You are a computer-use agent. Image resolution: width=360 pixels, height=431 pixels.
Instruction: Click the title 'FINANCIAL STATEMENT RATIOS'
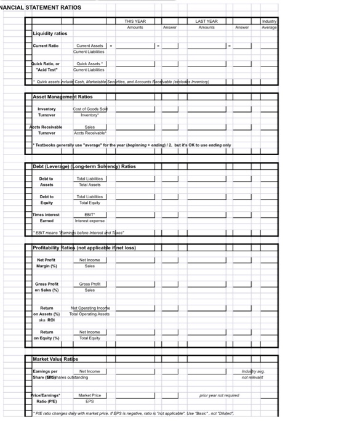coord(41,7)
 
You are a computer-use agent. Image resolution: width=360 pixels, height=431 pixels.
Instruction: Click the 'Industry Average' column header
coord(269,24)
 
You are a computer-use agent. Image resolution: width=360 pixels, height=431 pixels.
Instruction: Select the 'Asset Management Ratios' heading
coord(63,97)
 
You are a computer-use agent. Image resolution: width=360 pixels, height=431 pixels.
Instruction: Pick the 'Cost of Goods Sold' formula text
coord(90,109)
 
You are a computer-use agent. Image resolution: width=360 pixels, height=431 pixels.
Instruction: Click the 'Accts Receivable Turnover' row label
coord(47,130)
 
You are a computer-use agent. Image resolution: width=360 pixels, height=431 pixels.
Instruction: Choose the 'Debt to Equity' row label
coord(47,199)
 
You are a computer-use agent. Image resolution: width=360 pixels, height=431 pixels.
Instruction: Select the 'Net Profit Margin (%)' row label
coord(47,263)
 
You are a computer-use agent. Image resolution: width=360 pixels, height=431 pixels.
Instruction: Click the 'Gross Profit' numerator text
coord(90,284)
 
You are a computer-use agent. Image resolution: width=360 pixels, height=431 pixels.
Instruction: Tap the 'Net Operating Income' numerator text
coord(90,308)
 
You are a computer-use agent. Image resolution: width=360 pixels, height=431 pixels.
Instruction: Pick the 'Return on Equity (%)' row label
coord(47,335)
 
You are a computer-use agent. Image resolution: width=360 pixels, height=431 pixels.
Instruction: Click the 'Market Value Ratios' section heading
coord(55,358)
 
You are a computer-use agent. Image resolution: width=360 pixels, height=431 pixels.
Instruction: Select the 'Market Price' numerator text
coord(90,395)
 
